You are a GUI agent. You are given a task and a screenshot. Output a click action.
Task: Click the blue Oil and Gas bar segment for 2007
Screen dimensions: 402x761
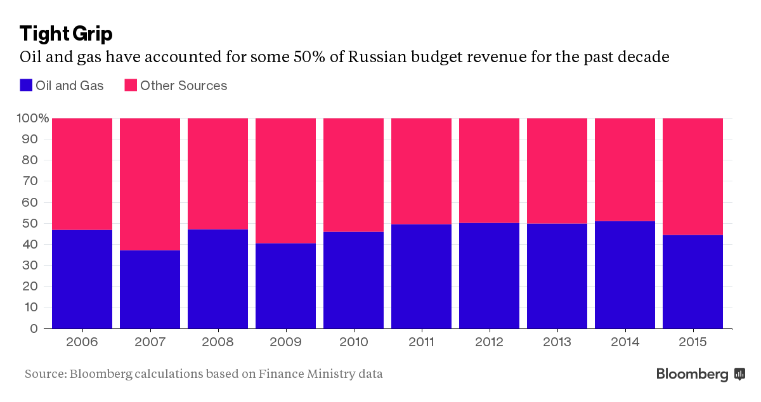point(150,289)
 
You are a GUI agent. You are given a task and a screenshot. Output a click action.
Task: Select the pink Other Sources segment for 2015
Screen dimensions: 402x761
point(693,176)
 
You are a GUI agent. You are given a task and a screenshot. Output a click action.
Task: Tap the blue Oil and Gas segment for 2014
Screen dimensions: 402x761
point(625,275)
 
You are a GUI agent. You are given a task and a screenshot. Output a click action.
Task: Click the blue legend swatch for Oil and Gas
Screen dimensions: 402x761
point(26,86)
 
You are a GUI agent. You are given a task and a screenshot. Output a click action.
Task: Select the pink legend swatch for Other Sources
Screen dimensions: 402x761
point(131,86)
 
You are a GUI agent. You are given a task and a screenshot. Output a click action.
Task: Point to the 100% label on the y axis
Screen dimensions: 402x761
point(32,119)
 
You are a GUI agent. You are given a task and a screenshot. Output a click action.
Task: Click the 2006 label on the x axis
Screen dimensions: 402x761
point(82,342)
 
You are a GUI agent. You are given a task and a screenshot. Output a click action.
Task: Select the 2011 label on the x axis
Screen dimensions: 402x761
point(421,342)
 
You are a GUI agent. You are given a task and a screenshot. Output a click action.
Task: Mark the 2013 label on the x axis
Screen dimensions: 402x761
point(557,342)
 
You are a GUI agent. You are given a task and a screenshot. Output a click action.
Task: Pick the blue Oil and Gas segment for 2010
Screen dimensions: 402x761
point(353,280)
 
